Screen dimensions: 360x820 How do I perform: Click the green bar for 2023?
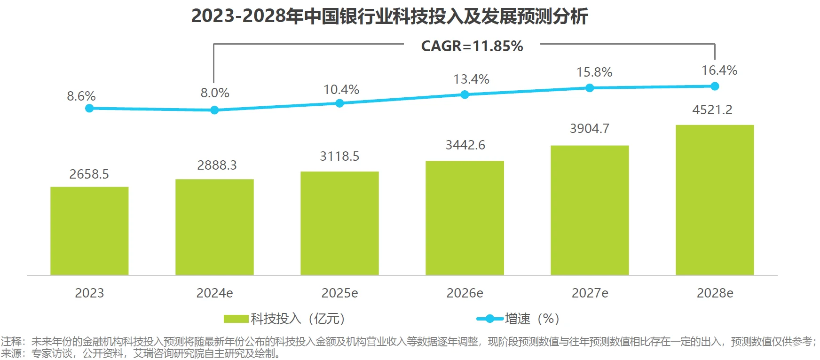click(x=89, y=231)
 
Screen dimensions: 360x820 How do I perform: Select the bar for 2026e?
click(x=465, y=218)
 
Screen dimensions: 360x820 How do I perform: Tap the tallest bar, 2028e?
click(x=715, y=200)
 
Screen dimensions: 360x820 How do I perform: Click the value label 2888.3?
click(x=217, y=165)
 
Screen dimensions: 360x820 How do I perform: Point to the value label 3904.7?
click(x=590, y=129)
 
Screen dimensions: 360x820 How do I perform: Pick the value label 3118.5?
click(x=339, y=157)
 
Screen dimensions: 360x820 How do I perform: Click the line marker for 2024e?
click(x=214, y=110)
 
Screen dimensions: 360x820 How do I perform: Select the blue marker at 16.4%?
click(x=715, y=86)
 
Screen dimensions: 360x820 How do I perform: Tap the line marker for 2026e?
click(x=465, y=94)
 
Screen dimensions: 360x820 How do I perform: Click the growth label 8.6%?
click(x=81, y=96)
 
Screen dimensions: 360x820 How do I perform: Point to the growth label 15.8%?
click(x=594, y=72)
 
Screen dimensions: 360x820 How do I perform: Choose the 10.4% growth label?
click(x=341, y=90)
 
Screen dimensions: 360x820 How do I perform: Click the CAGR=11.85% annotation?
click(x=472, y=46)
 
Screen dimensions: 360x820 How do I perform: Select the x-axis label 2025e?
click(x=339, y=293)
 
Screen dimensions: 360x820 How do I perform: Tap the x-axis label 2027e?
click(x=590, y=293)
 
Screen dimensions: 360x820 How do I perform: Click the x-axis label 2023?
click(x=89, y=293)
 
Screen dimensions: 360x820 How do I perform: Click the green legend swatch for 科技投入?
click(x=236, y=319)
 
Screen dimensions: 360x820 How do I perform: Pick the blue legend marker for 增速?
click(x=490, y=319)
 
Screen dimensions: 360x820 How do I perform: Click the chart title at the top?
click(x=389, y=16)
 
